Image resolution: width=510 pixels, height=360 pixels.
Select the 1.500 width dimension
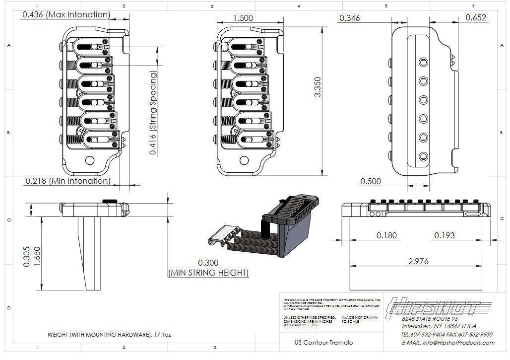click(x=243, y=18)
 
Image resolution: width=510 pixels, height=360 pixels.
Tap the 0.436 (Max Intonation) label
click(x=65, y=15)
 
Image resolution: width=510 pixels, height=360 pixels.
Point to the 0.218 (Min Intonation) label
click(x=67, y=181)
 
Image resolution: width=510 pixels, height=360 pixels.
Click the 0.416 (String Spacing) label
click(x=153, y=113)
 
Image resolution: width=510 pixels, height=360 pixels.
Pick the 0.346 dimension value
click(x=350, y=18)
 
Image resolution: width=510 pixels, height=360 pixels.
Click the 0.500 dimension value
click(x=371, y=181)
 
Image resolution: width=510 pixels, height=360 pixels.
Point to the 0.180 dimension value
click(x=386, y=235)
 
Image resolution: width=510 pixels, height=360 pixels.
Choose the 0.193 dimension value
click(x=444, y=235)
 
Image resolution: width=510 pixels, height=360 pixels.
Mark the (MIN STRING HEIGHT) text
click(x=208, y=273)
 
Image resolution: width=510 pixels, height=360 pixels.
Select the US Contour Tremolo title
click(x=323, y=343)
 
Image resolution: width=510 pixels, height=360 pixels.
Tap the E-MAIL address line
click(x=447, y=343)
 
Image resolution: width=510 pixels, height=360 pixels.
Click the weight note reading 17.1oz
click(x=109, y=335)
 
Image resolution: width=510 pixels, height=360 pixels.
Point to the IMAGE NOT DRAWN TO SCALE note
click(x=360, y=319)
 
